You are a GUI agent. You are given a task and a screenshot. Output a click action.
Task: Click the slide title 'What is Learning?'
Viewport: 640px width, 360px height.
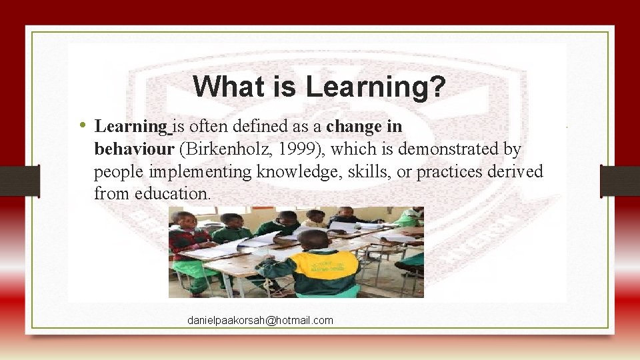click(x=319, y=86)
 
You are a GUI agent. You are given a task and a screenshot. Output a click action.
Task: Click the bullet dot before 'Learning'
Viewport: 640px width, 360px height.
click(x=81, y=125)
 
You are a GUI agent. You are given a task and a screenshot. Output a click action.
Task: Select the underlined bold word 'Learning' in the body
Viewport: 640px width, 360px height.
click(x=133, y=126)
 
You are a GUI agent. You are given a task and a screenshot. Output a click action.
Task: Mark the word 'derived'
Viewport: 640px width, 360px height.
click(x=519, y=171)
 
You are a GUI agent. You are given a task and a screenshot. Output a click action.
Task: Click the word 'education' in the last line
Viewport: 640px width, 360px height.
click(x=173, y=194)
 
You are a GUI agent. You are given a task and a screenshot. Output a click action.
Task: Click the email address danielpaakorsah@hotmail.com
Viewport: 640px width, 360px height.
click(x=260, y=321)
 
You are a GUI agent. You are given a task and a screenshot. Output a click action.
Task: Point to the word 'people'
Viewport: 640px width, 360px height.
click(x=117, y=173)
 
